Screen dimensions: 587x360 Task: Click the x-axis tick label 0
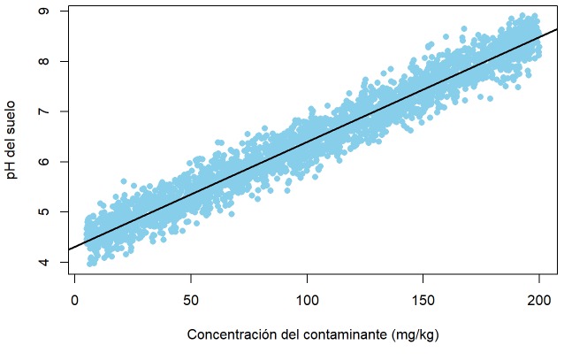tap(75, 301)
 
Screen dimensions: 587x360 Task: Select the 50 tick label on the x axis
tap(191, 301)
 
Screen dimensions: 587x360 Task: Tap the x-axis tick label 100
tap(307, 301)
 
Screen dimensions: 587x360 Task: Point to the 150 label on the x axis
tap(423, 301)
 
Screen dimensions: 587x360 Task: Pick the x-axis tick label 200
tap(539, 301)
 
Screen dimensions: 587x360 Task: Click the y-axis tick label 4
tap(44, 262)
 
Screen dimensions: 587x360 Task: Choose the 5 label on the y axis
tap(44, 211)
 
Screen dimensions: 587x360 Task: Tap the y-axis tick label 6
tap(44, 162)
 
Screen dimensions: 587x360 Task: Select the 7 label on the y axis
tap(44, 111)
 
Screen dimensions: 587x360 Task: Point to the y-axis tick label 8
tap(44, 61)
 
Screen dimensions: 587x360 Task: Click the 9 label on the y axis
tap(44, 11)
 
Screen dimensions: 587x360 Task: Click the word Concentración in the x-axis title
tap(231, 334)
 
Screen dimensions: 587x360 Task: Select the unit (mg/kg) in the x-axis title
tap(415, 335)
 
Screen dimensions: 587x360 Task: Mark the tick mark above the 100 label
tap(307, 279)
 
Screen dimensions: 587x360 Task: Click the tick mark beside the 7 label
tap(65, 111)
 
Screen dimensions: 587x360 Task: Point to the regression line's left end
tap(69, 249)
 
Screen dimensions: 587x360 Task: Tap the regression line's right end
tap(558, 29)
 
